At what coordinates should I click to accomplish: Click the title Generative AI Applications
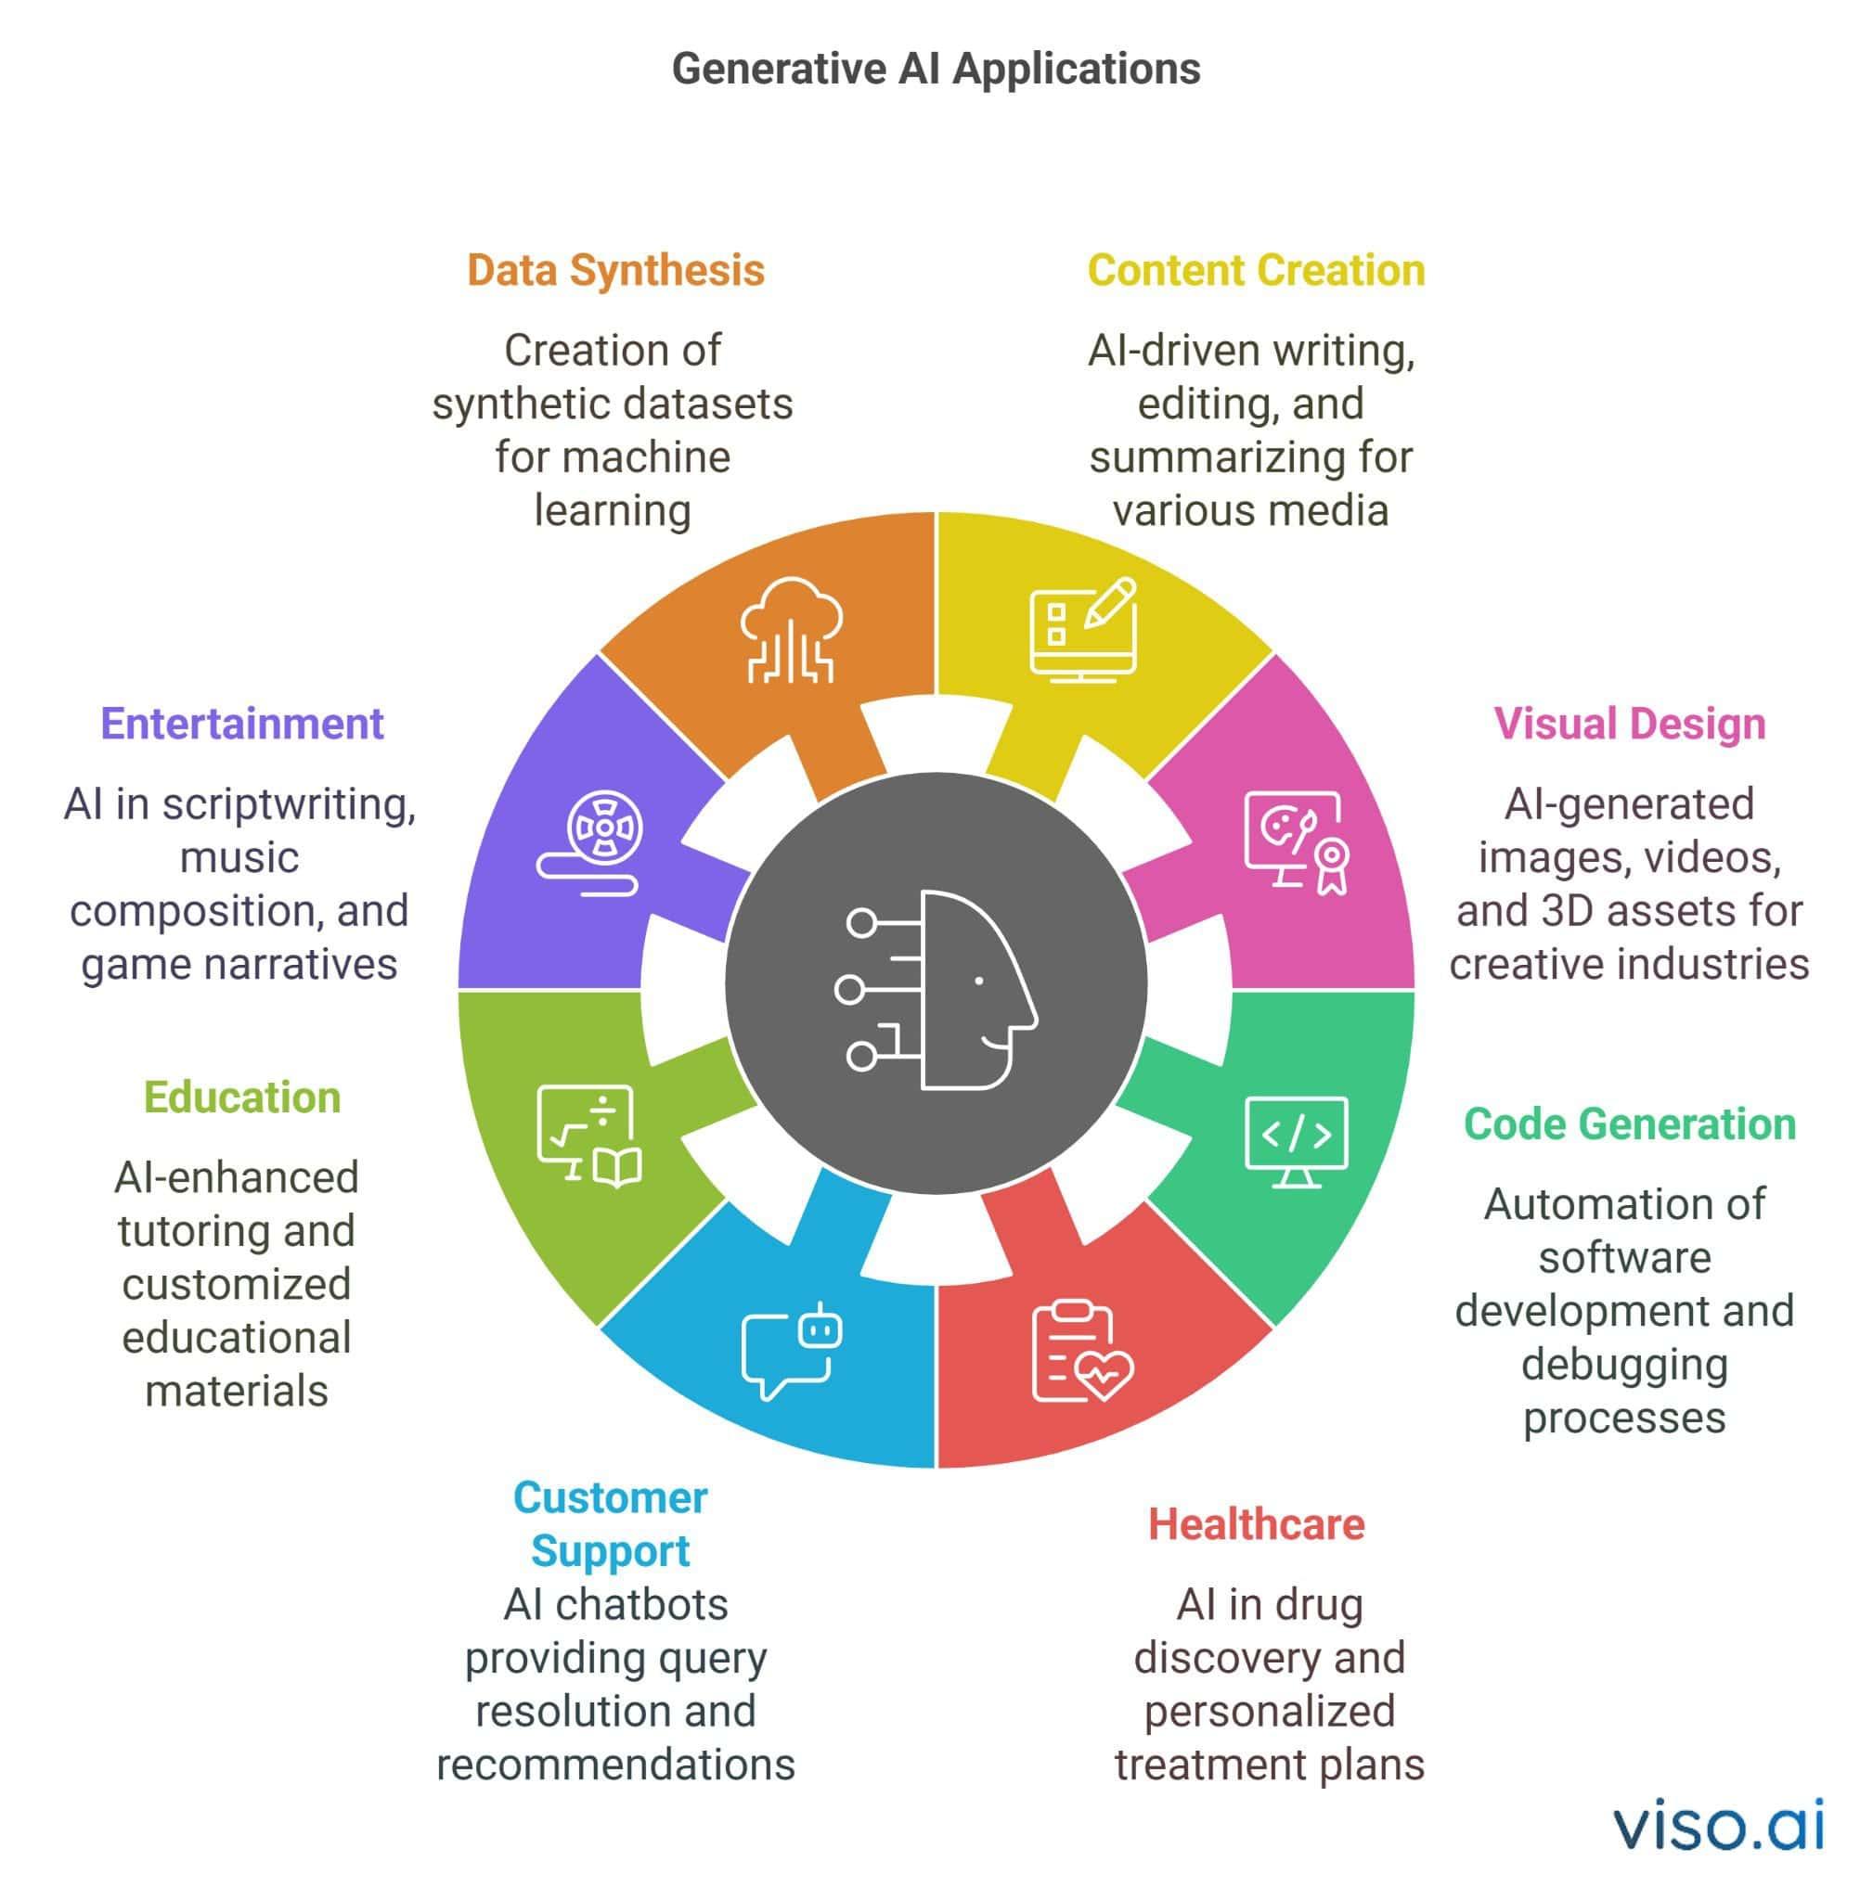tap(936, 70)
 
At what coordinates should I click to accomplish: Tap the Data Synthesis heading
tap(614, 271)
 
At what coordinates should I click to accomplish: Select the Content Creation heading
tap(1255, 271)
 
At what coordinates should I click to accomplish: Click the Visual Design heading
tap(1629, 724)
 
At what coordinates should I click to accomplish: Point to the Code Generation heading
tap(1629, 1124)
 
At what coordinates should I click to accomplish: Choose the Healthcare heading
tap(1256, 1524)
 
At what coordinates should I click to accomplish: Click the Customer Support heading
tap(610, 1524)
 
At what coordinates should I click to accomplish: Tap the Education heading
tap(242, 1098)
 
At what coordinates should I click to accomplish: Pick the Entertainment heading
tap(242, 724)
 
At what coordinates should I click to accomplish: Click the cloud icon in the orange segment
tap(791, 630)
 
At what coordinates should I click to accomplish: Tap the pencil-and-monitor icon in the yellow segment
tap(1083, 630)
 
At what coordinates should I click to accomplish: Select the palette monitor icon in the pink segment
tap(1296, 841)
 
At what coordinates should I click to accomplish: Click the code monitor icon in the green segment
tap(1296, 1142)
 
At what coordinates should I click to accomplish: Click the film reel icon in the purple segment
tap(591, 841)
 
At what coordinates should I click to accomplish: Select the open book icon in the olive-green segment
tap(617, 1167)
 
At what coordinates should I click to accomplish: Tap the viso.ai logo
tap(1718, 1825)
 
